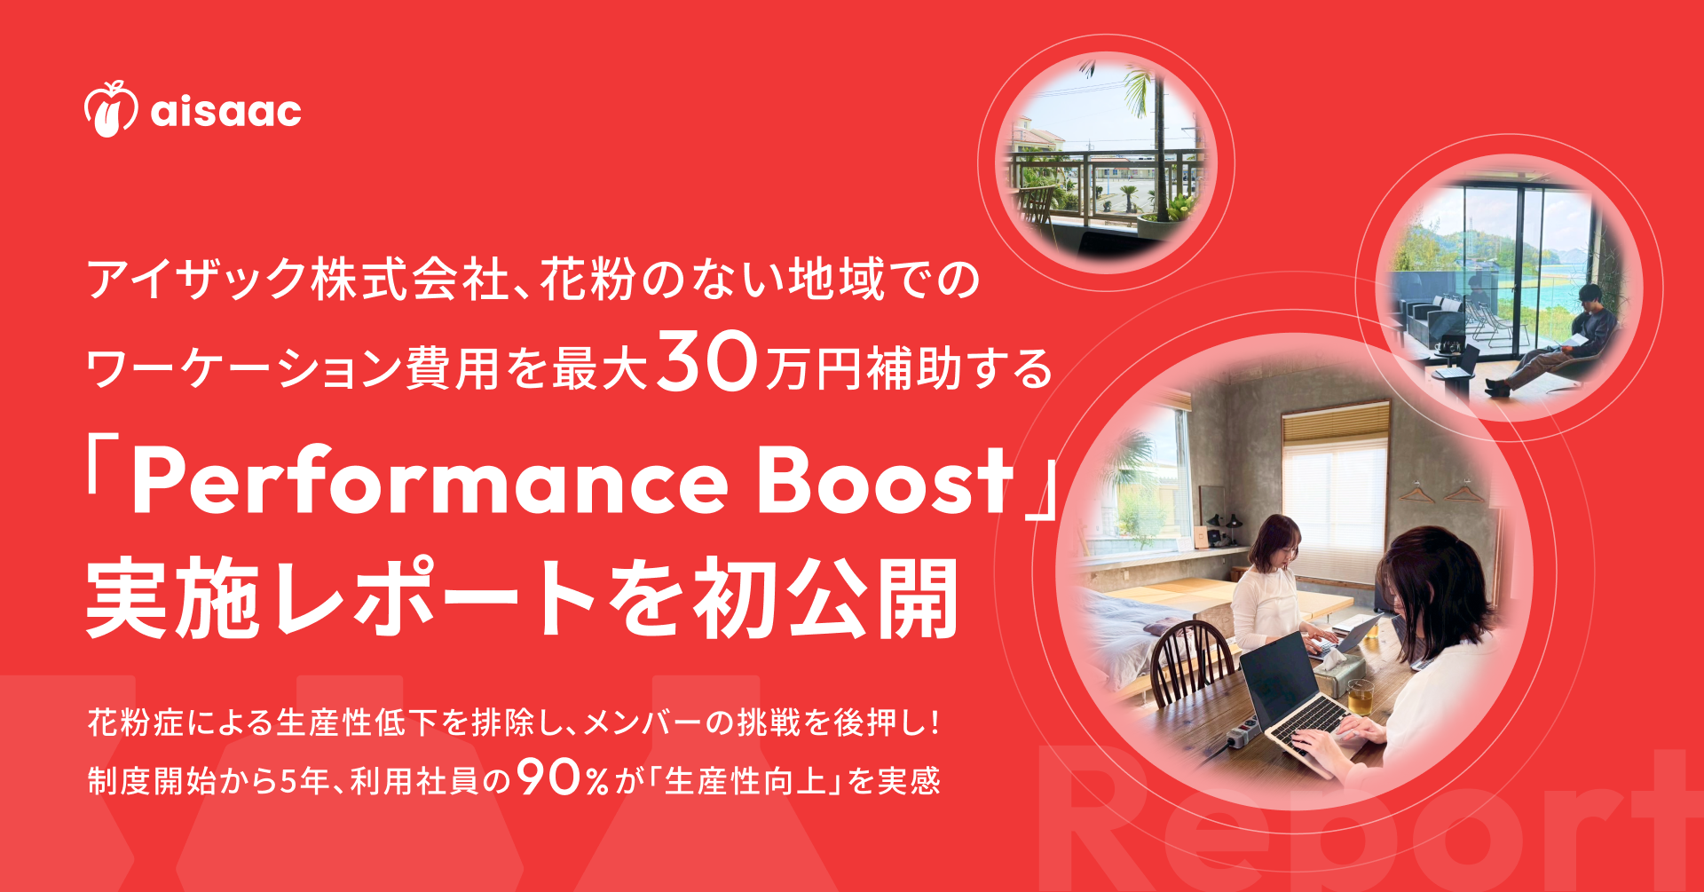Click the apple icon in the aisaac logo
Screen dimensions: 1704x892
111,109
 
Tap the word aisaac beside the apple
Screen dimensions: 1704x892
226,111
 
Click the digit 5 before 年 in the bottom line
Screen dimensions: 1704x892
288,781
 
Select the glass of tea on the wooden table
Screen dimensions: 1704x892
1360,698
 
